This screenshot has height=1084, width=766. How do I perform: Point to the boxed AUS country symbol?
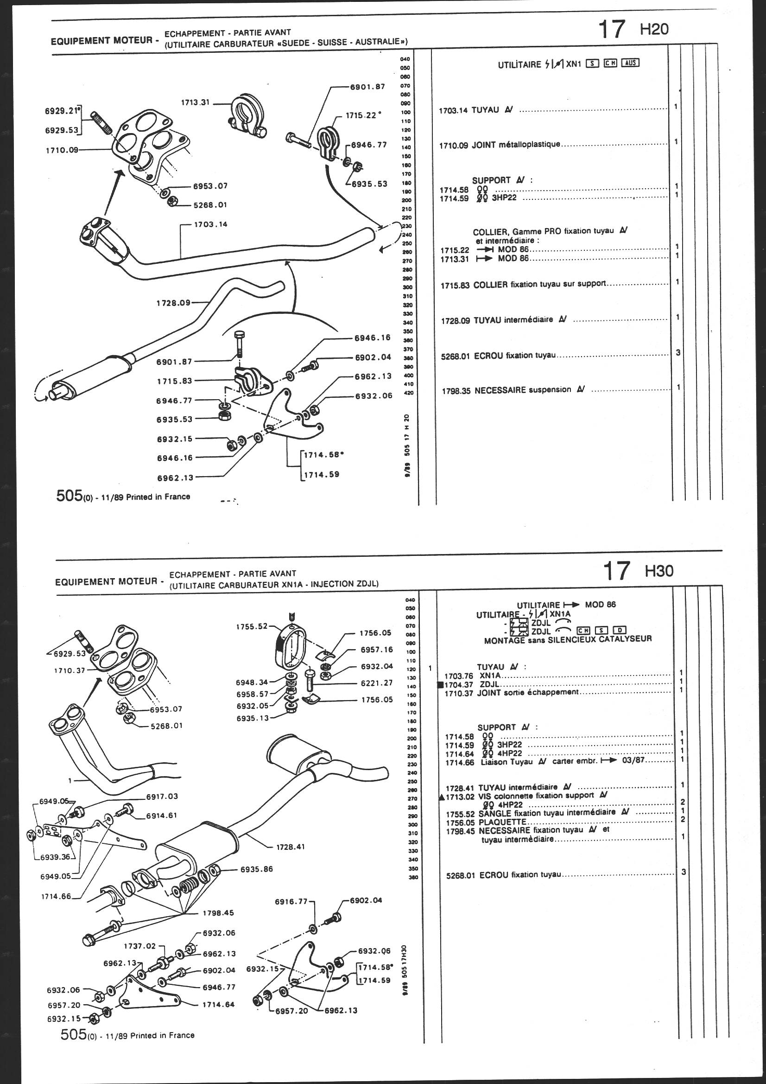tap(630, 63)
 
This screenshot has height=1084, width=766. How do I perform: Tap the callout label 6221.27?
tap(376, 682)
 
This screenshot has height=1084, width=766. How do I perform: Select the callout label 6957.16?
tap(376, 650)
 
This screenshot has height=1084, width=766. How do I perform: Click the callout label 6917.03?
tap(162, 797)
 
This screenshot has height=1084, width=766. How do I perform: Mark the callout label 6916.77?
tap(291, 901)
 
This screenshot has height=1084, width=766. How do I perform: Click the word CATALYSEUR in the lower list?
tap(626, 639)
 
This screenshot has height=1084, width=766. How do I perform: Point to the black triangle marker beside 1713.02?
tap(441, 797)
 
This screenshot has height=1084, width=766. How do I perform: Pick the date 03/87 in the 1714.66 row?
tap(633, 762)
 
